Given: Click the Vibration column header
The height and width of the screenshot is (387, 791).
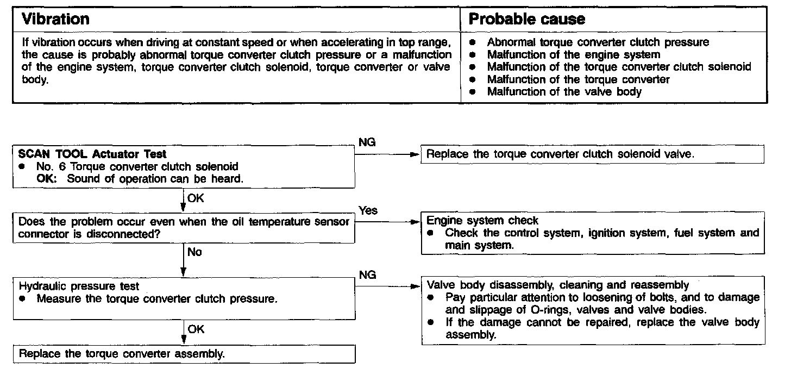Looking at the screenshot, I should (55, 20).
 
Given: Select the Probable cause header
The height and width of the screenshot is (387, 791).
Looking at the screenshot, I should (526, 20).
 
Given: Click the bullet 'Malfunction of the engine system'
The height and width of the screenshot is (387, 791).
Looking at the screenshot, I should (573, 54).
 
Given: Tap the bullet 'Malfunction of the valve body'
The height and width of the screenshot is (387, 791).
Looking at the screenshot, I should (564, 92).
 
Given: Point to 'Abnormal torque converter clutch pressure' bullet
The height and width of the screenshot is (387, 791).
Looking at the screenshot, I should (598, 42).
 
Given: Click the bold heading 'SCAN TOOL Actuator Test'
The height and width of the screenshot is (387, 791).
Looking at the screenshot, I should (92, 154).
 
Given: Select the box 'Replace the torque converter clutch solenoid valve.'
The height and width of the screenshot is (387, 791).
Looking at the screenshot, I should (560, 154).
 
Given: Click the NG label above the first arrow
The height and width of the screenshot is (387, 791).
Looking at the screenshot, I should (367, 142).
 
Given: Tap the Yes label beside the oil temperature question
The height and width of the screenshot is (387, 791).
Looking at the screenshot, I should (368, 210).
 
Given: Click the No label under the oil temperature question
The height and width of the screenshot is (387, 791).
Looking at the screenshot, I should (194, 252).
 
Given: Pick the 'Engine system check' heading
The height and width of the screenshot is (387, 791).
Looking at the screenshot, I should (482, 221).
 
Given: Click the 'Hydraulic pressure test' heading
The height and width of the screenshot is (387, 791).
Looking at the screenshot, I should (79, 286).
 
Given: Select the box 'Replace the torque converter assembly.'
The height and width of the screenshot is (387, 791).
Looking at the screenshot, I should (122, 354).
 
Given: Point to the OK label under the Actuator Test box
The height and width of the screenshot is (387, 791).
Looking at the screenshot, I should (195, 198).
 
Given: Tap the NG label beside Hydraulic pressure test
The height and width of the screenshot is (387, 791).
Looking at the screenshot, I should (368, 275).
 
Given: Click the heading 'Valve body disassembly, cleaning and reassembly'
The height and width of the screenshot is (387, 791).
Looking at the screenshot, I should (558, 285).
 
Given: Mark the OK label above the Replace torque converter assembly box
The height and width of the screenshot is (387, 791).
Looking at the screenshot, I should (196, 329).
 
